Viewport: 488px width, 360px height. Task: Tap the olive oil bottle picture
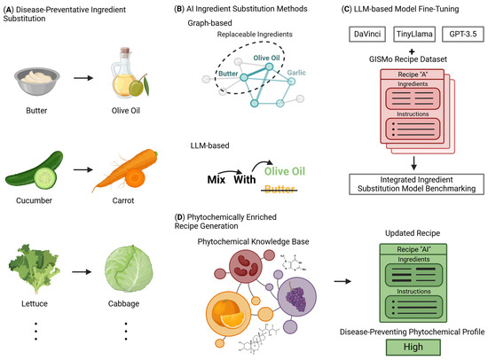pos(123,64)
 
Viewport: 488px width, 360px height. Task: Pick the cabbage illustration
pos(123,262)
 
